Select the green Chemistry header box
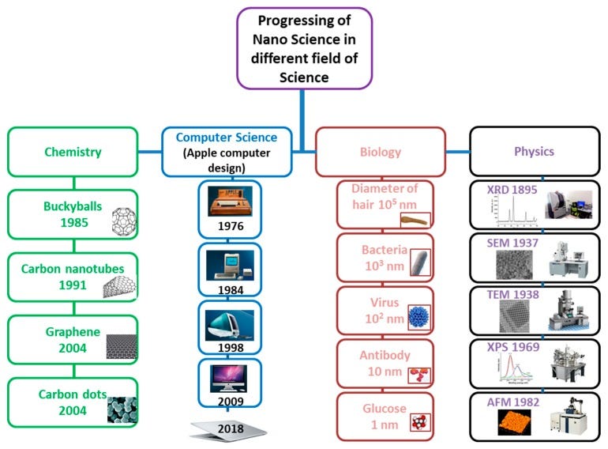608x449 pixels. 72,151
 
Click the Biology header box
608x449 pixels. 380,151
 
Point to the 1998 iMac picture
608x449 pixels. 230,323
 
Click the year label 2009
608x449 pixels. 230,400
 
